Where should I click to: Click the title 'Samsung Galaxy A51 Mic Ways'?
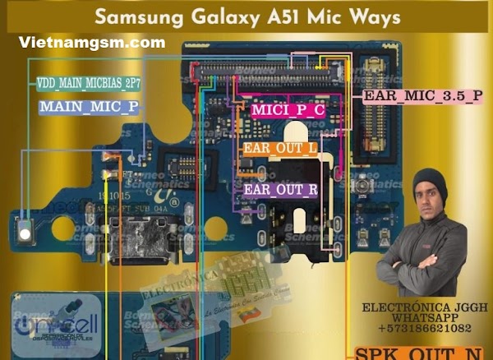tap(247, 16)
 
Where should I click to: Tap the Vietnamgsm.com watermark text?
tap(90, 42)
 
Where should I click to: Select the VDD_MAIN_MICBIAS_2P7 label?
tap(87, 84)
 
